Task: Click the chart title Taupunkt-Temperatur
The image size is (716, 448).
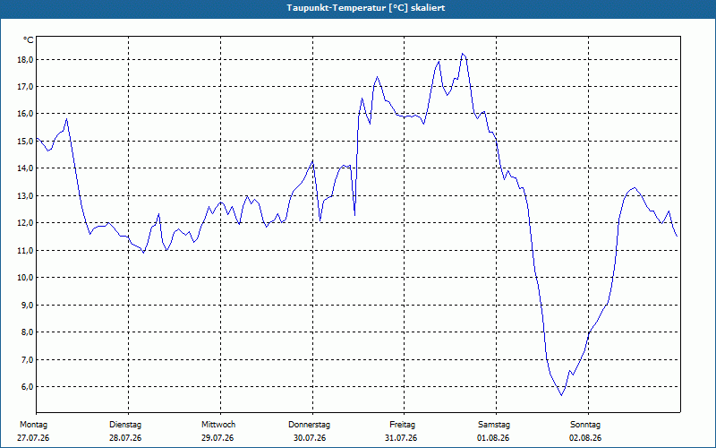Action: coord(337,8)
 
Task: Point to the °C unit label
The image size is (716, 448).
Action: coord(29,40)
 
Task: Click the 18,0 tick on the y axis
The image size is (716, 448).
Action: coord(26,60)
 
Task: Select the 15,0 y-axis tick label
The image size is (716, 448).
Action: coord(26,142)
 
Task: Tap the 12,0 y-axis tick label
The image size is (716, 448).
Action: coord(26,223)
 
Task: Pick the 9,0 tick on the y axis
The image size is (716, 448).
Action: coord(28,305)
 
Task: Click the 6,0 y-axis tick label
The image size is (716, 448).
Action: coord(28,387)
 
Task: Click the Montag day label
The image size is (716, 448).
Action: coord(33,425)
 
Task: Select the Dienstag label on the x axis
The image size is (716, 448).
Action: coord(125,425)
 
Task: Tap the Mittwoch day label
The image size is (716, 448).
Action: coord(218,425)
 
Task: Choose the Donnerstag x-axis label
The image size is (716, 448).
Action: coord(309,425)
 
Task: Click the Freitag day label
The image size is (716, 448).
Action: coord(402,425)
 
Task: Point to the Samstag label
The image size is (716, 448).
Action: coord(494,425)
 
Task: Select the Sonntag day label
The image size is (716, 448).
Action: coord(585,425)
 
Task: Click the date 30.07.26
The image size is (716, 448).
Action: coord(310,438)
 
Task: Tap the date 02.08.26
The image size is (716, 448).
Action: coord(585,438)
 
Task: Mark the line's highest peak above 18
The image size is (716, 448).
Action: coord(463,54)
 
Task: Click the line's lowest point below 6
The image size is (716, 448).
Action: coord(562,395)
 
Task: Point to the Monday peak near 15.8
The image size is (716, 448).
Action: coord(66,119)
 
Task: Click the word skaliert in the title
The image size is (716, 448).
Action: coord(428,8)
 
